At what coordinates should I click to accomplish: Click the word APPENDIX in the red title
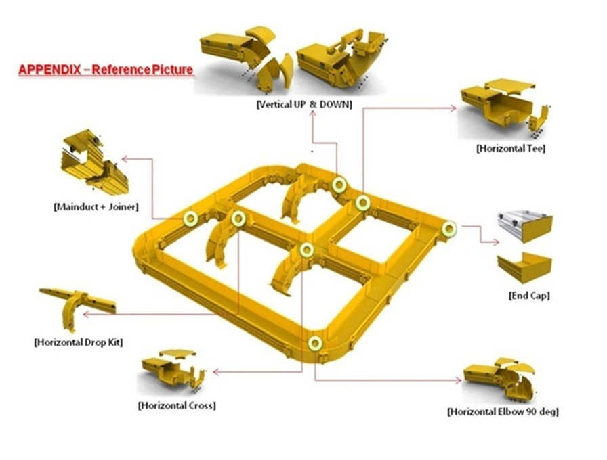[50, 70]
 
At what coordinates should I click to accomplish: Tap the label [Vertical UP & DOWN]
[304, 104]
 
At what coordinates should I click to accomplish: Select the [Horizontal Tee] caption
[511, 148]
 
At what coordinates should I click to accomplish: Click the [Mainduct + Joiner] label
[96, 207]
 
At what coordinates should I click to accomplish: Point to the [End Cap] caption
[529, 296]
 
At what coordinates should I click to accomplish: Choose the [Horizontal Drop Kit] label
[79, 342]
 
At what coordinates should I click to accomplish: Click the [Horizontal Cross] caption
[177, 405]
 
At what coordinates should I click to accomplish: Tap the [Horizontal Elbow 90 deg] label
[503, 412]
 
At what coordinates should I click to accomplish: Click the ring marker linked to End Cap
[449, 229]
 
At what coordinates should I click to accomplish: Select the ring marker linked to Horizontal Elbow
[315, 343]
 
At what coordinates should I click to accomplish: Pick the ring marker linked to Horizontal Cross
[307, 250]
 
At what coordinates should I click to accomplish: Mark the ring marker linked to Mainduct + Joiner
[190, 218]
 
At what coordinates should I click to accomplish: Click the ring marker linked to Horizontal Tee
[363, 203]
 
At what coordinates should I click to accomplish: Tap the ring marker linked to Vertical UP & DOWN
[339, 185]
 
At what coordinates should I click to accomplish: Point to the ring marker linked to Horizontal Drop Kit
[238, 219]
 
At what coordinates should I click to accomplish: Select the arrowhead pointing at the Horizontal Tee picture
[454, 109]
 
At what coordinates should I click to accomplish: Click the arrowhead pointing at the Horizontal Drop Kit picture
[87, 315]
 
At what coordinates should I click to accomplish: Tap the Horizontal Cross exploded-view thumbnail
[173, 369]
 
